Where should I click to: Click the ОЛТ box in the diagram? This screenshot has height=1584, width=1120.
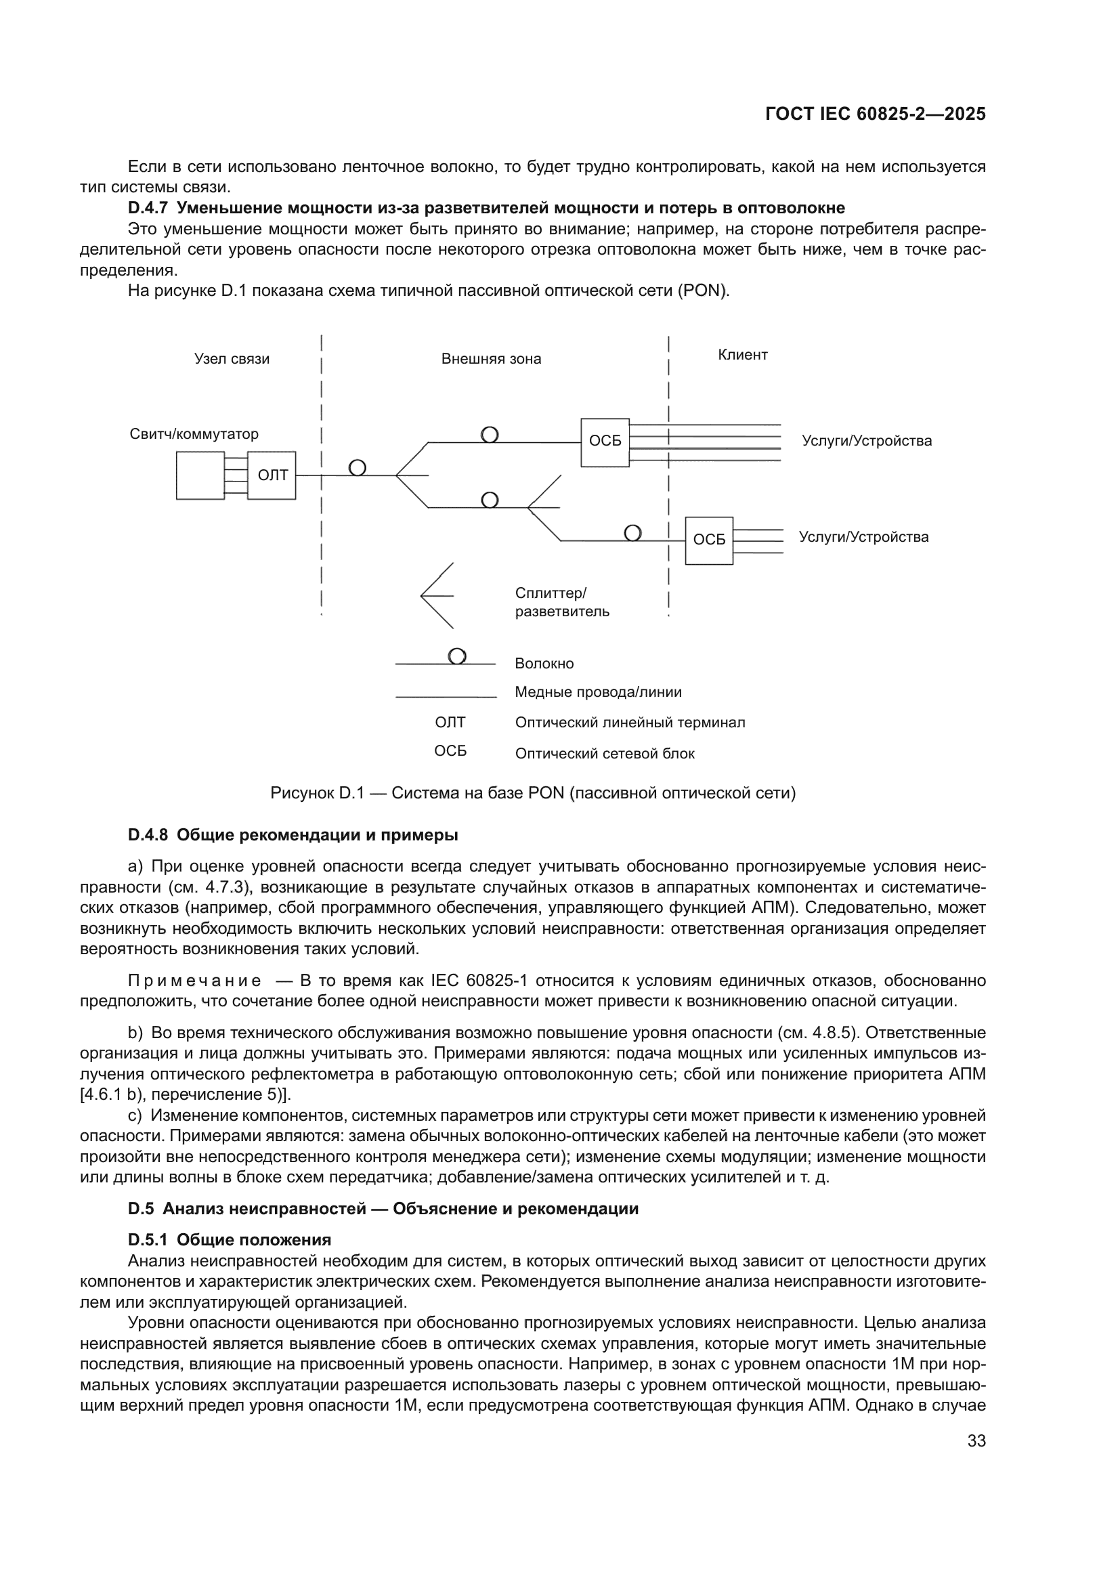272,475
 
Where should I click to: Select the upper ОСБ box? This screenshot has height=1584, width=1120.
605,442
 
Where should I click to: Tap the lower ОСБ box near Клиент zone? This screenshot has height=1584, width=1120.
709,540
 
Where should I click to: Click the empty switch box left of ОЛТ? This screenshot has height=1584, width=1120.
200,475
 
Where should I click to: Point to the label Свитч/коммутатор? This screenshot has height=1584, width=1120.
194,434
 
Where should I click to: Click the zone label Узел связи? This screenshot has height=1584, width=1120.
232,359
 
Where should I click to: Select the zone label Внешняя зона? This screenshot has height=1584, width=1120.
491,359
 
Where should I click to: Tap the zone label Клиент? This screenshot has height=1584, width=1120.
742,355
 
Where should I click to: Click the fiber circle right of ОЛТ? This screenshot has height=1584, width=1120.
358,468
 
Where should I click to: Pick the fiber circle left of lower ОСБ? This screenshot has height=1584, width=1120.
632,532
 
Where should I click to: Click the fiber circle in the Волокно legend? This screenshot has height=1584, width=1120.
457,656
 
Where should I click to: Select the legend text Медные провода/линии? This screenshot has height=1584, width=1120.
598,692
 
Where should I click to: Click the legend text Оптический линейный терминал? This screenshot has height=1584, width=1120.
630,723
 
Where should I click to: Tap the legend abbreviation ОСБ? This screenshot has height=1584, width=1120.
450,751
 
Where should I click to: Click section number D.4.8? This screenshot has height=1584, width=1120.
148,835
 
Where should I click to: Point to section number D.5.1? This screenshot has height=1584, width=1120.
148,1240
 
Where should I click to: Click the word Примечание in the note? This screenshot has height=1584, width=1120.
194,981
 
